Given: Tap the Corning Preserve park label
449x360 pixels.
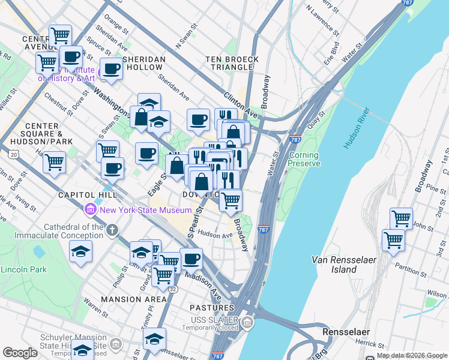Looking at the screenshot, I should point(304,159).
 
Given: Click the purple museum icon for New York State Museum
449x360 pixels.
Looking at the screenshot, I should point(91,210).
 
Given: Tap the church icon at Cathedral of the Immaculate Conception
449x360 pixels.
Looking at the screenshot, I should point(112,230).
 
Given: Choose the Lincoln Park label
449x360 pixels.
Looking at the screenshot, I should point(23,269).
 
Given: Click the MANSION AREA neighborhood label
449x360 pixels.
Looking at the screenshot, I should point(133,299).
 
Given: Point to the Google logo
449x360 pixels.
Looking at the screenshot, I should point(20,353).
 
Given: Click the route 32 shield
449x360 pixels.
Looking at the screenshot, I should point(172,289).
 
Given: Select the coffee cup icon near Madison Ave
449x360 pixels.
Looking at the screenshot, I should point(191,259).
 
